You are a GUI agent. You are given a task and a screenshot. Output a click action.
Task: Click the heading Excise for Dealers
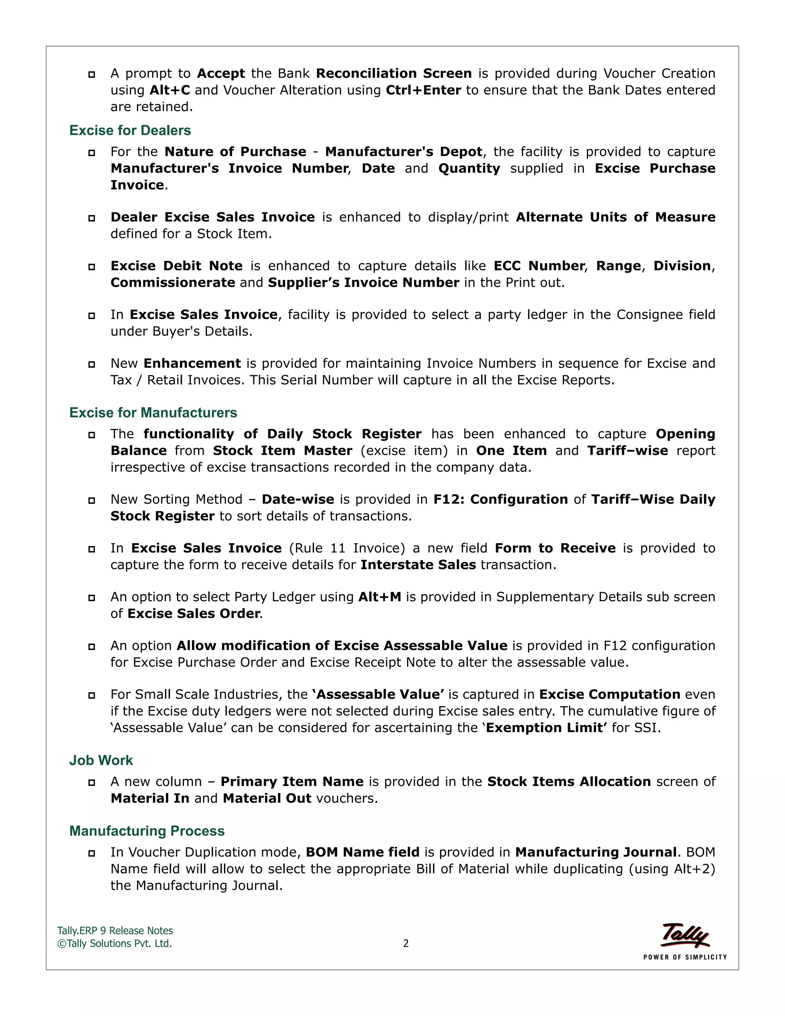tap(130, 130)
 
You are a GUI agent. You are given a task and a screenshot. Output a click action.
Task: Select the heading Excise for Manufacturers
tap(153, 413)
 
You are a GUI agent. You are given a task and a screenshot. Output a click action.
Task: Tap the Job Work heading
tap(101, 760)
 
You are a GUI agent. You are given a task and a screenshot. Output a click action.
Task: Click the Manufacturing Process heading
tap(146, 831)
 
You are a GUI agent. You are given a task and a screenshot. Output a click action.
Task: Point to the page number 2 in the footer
tap(406, 944)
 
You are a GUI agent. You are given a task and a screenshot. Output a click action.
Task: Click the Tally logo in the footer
tap(685, 935)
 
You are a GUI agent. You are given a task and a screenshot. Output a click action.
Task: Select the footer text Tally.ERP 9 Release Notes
tap(115, 931)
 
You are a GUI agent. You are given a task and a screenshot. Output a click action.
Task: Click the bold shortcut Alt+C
tap(170, 90)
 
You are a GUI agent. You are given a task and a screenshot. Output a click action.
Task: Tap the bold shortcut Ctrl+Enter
tap(423, 90)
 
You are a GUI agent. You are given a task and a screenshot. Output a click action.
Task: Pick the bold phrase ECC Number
tap(539, 266)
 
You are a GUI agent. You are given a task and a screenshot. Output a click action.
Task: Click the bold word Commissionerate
tap(172, 283)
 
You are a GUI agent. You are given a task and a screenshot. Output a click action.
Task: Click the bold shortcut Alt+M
tap(379, 597)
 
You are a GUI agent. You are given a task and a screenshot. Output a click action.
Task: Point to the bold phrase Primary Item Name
tap(292, 781)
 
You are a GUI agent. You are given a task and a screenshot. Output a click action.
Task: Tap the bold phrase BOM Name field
tap(362, 852)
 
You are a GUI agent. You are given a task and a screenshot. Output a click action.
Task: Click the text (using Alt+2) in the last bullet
tap(672, 869)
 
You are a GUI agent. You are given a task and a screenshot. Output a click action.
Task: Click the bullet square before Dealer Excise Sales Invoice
tap(92, 218)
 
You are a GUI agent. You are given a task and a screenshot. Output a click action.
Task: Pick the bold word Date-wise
tap(297, 500)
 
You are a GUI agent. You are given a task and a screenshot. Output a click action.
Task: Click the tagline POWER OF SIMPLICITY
tap(685, 957)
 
